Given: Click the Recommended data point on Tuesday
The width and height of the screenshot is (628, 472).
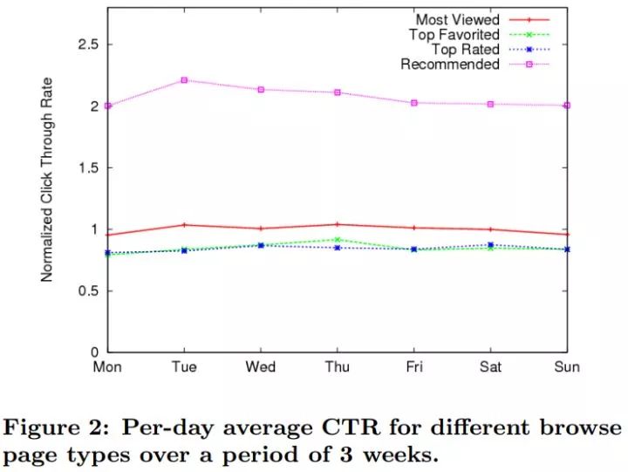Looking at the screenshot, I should pos(184,80).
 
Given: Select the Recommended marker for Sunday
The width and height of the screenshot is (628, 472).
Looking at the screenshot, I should pos(567,106).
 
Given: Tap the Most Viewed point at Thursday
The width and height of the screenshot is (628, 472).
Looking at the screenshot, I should pos(338,224).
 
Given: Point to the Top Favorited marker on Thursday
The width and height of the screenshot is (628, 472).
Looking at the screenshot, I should pos(338,239).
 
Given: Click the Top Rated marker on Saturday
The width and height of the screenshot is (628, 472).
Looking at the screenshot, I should pos(490,245).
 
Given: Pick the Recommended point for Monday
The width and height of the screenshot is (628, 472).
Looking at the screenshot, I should pos(107,106).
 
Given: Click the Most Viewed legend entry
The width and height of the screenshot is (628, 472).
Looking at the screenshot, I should pos(457,19).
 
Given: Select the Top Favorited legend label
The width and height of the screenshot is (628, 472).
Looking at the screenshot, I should pos(454,34).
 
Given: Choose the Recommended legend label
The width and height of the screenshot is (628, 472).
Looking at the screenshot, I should pos(450,64).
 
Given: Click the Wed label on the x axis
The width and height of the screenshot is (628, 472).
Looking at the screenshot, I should pos(261,367).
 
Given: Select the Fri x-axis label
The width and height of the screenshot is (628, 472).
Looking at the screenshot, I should pos(414,367).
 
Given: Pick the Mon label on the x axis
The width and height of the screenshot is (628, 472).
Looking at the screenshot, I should pos(107,367).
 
